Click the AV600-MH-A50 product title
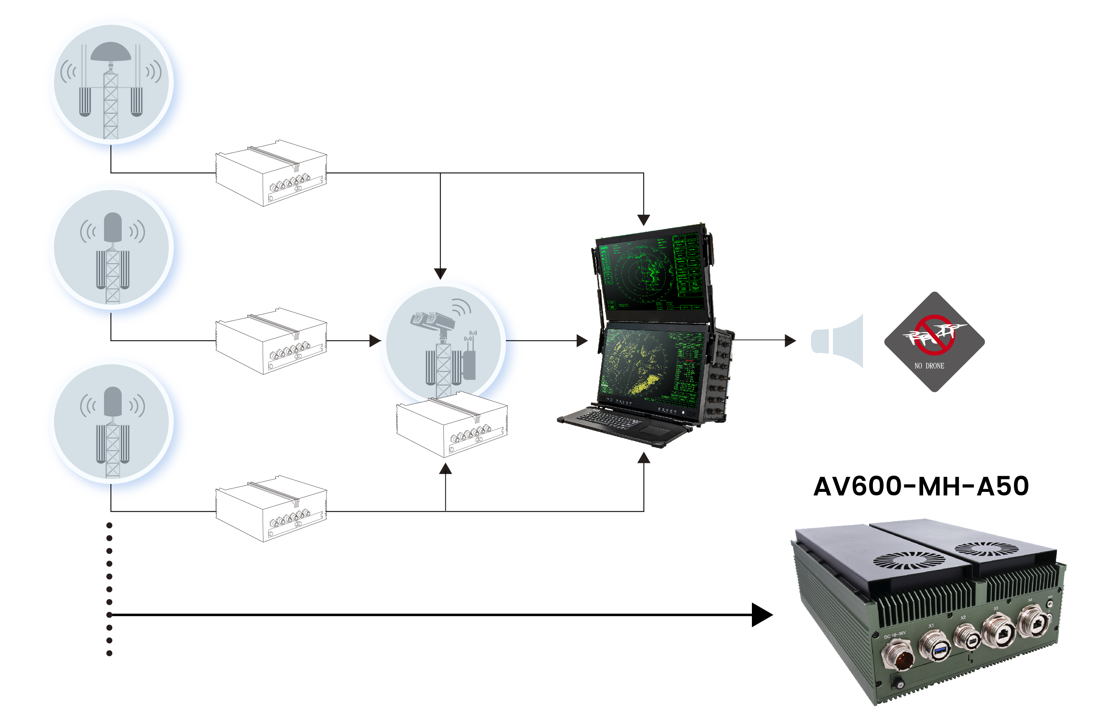(x=920, y=486)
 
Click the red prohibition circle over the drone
(x=934, y=335)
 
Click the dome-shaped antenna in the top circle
(x=111, y=51)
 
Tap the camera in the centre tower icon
(x=433, y=320)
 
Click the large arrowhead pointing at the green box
(x=761, y=614)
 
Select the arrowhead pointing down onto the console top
(x=644, y=220)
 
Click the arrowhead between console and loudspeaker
(x=790, y=340)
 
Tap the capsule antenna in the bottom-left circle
(x=112, y=401)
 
